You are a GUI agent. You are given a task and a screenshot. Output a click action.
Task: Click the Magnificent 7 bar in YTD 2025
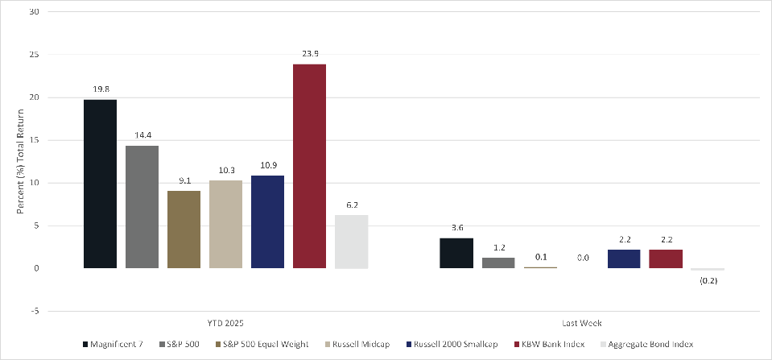click(x=100, y=184)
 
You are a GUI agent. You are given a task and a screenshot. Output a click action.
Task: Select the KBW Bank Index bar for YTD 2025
click(x=309, y=166)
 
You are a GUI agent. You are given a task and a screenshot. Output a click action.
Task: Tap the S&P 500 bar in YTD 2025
click(x=142, y=207)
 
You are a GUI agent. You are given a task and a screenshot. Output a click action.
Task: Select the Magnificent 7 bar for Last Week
click(x=456, y=253)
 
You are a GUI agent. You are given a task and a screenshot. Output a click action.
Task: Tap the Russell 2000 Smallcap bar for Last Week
click(x=624, y=259)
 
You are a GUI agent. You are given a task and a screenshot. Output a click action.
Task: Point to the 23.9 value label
click(x=309, y=54)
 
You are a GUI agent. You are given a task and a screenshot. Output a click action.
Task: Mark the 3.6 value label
click(x=456, y=228)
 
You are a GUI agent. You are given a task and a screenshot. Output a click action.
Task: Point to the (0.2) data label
click(x=708, y=282)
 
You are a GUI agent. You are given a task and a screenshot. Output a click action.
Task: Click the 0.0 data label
click(x=582, y=258)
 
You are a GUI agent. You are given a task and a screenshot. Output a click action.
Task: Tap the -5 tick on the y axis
click(x=34, y=311)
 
